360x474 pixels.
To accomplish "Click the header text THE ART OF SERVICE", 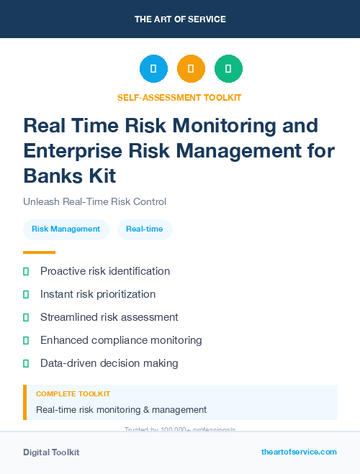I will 180,19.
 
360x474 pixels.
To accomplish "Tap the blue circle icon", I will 153,68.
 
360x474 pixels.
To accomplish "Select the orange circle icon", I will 191,68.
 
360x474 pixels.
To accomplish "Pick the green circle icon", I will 228,68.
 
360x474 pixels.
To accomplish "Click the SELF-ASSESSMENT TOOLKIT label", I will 179,97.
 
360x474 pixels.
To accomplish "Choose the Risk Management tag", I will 66,229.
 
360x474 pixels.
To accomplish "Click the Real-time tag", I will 145,229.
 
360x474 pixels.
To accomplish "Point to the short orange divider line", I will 39,252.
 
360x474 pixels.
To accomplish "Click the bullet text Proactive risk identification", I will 105,271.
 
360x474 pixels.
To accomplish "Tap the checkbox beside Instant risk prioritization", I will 26,294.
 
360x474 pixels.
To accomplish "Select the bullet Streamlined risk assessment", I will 109,317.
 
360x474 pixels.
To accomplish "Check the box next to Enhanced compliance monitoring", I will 26,340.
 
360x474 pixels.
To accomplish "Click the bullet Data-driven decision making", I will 109,363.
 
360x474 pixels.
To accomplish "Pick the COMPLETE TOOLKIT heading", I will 73,394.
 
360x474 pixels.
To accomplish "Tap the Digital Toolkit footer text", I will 51,452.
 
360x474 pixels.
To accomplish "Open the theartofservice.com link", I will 299,452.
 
